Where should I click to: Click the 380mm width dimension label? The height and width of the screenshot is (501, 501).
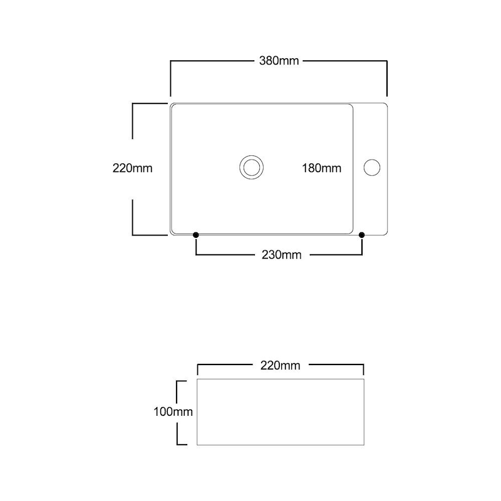[279, 61]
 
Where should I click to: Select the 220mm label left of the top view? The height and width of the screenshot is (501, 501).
[132, 168]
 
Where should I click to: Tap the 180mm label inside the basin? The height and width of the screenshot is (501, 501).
[321, 168]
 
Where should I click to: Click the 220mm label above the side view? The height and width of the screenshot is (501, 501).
[279, 365]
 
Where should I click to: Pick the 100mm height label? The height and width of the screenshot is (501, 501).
[172, 412]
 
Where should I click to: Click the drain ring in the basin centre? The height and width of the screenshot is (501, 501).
[251, 167]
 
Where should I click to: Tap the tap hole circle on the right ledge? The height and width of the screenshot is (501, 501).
[372, 167]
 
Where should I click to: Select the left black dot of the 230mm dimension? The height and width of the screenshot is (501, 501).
[196, 235]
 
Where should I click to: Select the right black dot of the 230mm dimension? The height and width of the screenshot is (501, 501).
[363, 235]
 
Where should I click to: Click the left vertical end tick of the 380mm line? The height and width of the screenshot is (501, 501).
[170, 78]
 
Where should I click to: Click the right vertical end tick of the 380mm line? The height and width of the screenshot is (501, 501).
[387, 78]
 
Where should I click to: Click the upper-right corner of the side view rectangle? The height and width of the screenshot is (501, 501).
[364, 378]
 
